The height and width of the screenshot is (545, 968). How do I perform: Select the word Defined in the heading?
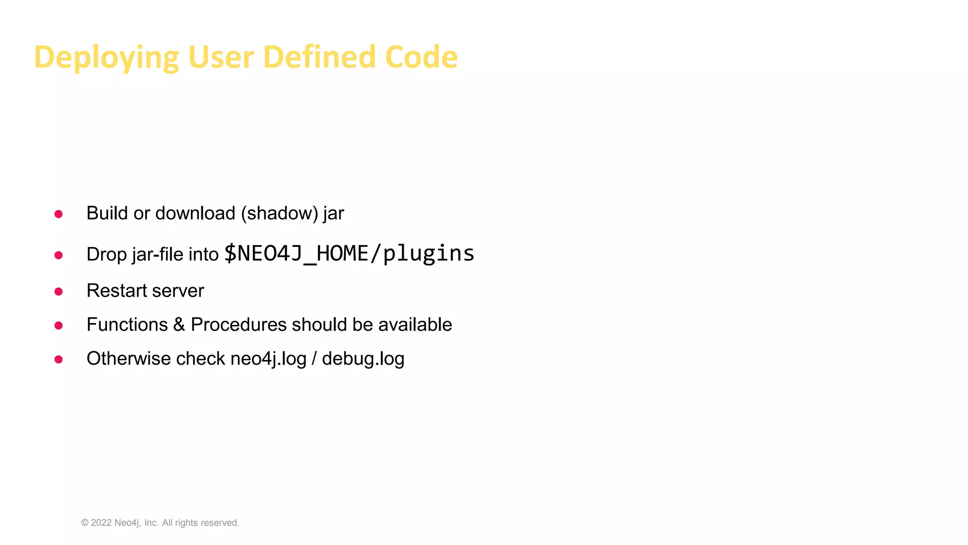tap(319, 57)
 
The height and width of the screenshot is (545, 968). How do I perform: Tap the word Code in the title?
tap(421, 57)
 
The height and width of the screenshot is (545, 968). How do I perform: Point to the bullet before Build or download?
tap(59, 214)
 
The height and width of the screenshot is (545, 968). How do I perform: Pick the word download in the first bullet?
tap(195, 213)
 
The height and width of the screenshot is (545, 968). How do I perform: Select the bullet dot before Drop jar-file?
tap(59, 255)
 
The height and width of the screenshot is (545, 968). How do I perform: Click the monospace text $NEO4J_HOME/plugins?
tap(349, 254)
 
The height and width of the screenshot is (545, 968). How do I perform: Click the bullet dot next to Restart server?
tap(59, 291)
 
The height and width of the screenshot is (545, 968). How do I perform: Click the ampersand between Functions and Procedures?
tap(179, 325)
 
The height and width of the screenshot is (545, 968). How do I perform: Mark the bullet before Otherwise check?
tap(59, 360)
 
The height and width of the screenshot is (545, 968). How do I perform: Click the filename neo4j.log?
tap(268, 359)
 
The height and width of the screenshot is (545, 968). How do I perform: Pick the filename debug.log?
tap(363, 359)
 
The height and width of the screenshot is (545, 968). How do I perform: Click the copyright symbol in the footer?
tap(85, 523)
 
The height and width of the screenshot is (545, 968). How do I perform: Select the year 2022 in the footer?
tap(101, 523)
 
